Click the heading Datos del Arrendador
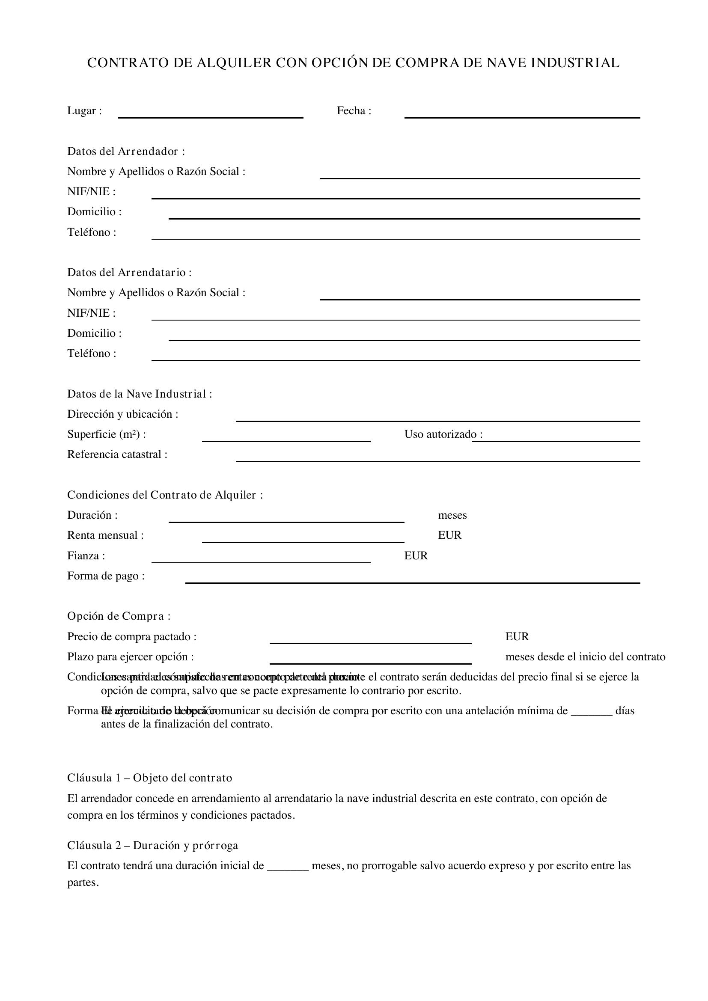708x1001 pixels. tap(126, 151)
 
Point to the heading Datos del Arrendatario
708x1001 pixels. tap(129, 273)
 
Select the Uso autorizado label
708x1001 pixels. tap(443, 434)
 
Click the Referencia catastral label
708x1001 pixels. tap(117, 454)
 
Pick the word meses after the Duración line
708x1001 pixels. tap(452, 515)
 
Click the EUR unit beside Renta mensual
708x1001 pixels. tap(449, 535)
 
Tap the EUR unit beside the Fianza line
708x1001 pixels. tap(416, 555)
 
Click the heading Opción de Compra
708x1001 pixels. tap(119, 616)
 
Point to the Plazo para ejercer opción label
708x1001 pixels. tap(131, 656)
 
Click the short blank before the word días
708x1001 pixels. tap(592, 711)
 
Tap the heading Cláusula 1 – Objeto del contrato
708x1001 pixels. tap(149, 778)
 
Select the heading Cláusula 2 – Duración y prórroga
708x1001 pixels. tap(152, 845)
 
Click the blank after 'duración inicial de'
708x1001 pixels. tap(288, 866)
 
